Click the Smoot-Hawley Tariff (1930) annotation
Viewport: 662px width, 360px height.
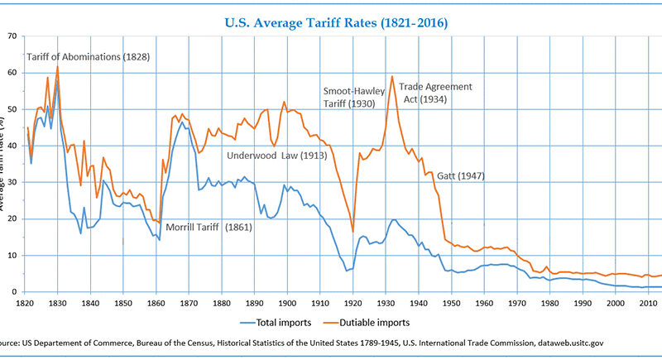[350, 97]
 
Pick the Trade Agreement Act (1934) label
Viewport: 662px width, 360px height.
[435, 93]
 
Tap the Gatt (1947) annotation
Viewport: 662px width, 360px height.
[462, 175]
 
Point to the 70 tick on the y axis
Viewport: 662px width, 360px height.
[12, 36]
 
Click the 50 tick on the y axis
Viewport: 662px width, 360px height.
[12, 109]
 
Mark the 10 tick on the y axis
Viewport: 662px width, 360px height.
[12, 256]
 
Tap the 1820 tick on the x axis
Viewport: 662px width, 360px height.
[25, 304]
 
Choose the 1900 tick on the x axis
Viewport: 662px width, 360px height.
[288, 304]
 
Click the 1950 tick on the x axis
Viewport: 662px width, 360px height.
[452, 304]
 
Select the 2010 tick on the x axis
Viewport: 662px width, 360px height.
[649, 304]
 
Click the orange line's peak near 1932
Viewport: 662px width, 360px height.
[391, 76]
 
